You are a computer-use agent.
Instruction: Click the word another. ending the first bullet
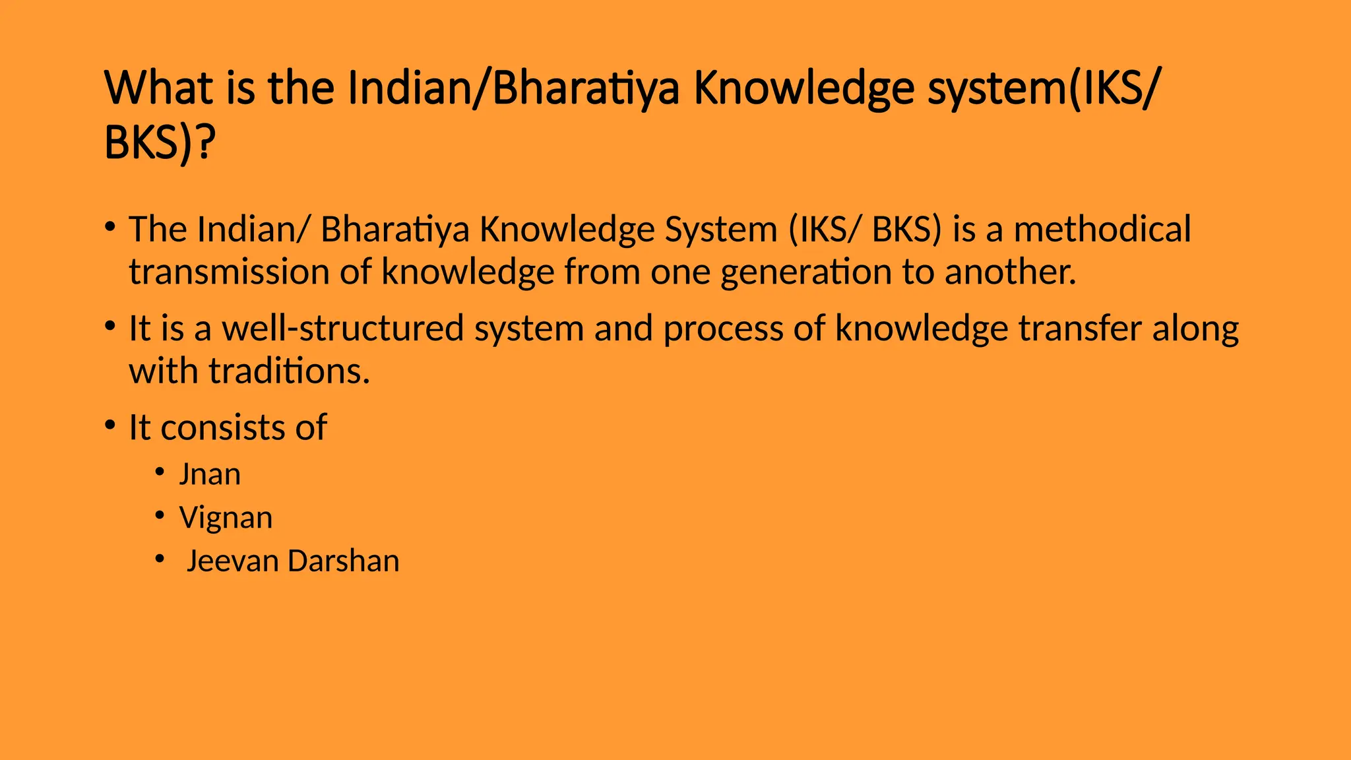point(1010,272)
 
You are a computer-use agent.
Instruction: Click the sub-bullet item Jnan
point(210,474)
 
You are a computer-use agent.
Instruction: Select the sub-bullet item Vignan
point(226,518)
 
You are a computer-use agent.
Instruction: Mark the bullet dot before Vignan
point(160,515)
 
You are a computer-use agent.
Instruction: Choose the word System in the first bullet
point(721,230)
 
